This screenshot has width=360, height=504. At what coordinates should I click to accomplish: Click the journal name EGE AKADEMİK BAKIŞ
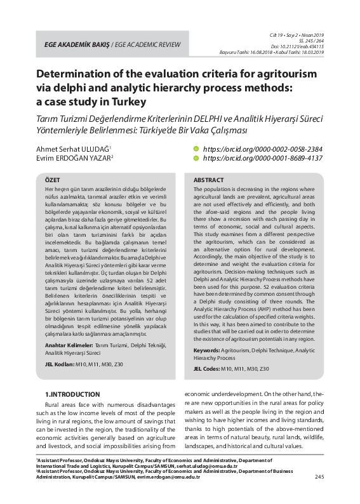72,45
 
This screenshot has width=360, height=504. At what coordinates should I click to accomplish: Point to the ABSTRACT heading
208,180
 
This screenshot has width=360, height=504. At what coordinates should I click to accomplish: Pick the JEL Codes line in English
231,368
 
